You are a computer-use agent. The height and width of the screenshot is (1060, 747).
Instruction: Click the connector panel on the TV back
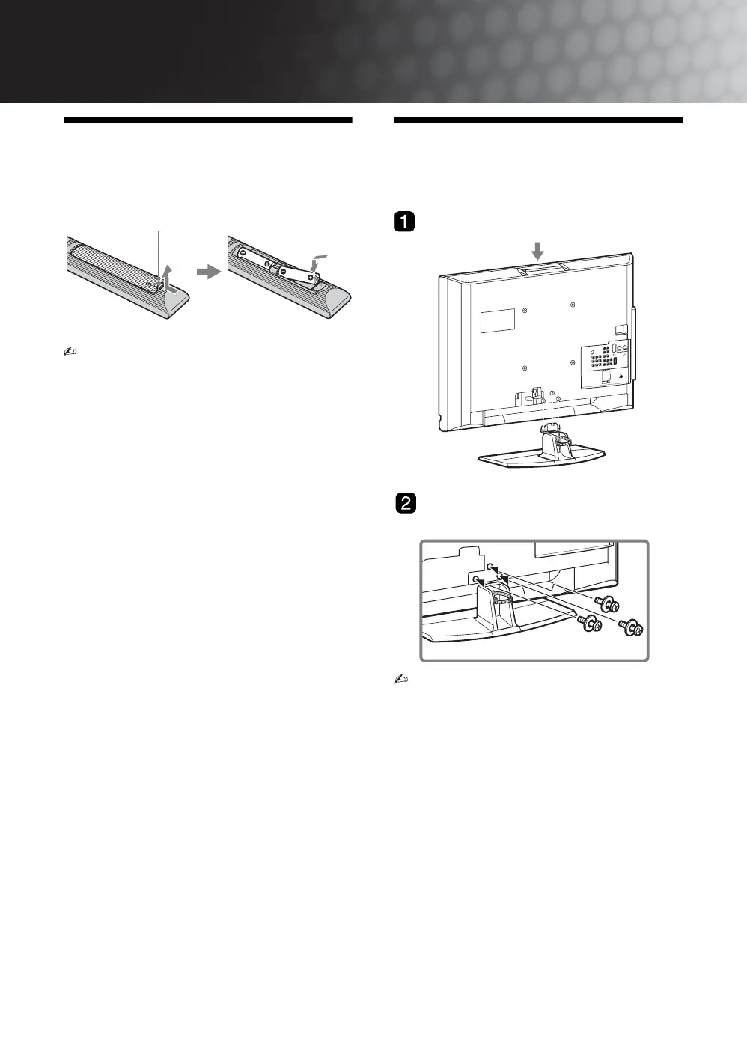click(x=606, y=358)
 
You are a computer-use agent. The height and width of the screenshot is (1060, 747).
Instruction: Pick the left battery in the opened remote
click(x=255, y=255)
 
